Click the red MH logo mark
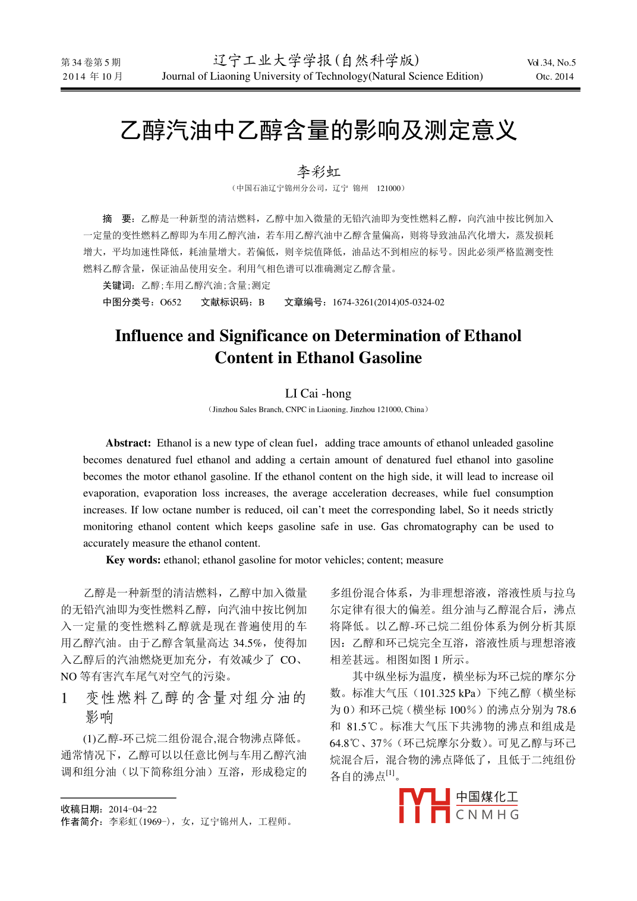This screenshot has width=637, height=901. pos(424,806)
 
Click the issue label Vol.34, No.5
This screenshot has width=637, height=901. pos(551,62)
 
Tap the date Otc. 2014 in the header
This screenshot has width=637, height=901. pos(554,76)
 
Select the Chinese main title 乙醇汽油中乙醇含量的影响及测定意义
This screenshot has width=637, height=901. pos(318,130)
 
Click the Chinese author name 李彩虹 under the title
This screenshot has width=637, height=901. pos(318,172)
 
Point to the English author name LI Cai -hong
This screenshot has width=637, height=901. pos(318,393)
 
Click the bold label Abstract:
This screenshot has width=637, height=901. pos(128,443)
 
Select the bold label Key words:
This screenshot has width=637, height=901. pos(133,560)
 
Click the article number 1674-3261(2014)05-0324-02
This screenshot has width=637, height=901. pos(388,302)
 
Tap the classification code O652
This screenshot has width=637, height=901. pos(171,302)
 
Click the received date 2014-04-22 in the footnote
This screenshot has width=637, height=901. pos(133,809)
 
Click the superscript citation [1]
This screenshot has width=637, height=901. pos(390,773)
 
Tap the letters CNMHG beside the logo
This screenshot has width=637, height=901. pos(487,815)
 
